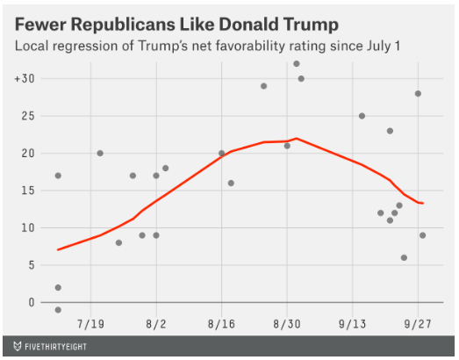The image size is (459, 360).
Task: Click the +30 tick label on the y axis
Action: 24,79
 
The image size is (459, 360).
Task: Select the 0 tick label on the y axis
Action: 32,302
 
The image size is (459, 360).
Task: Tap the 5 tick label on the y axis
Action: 32,265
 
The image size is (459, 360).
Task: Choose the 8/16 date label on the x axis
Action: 221,322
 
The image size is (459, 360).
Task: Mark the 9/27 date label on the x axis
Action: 417,322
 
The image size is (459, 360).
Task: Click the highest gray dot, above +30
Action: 297,63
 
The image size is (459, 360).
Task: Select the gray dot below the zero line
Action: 58,310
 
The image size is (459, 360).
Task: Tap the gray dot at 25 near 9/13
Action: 362,116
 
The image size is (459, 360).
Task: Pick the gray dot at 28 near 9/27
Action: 418,94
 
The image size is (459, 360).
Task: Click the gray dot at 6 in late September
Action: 404,258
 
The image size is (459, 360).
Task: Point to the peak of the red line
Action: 297,139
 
